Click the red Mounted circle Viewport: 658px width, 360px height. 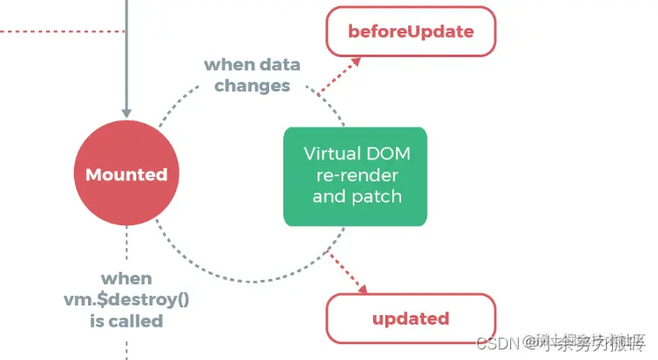(127, 174)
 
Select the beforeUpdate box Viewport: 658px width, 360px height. (411, 33)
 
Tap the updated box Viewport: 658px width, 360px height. (411, 318)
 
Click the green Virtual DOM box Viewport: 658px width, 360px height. (355, 174)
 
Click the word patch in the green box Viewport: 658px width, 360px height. (378, 195)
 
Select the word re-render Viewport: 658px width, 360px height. (355, 174)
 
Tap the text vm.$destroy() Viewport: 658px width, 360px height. (127, 299)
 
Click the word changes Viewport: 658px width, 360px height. (252, 86)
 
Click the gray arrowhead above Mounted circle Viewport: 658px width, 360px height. (127, 112)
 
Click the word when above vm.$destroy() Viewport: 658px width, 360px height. (127, 277)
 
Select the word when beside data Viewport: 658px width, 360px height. (227, 65)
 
